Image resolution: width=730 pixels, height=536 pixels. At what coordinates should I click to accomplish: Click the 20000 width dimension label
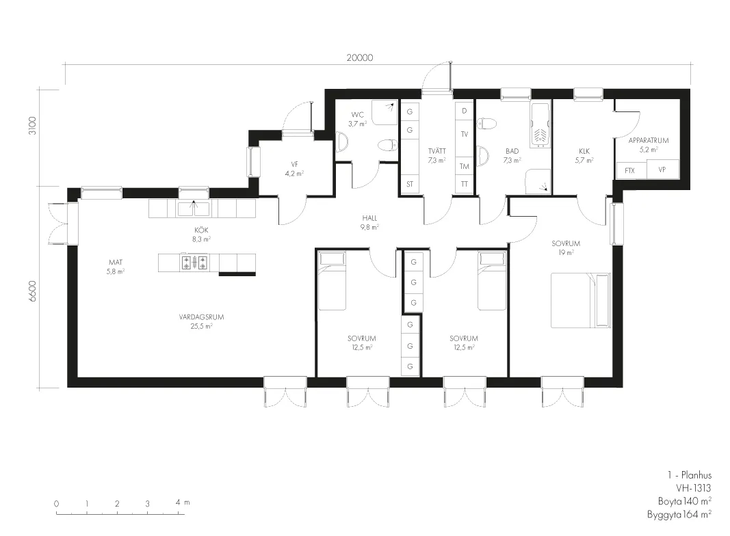click(x=359, y=57)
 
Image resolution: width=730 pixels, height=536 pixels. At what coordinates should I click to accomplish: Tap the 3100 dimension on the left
click(x=31, y=126)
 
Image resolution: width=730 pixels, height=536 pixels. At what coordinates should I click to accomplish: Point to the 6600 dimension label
click(x=31, y=291)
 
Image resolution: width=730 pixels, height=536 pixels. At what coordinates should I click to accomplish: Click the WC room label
click(x=358, y=114)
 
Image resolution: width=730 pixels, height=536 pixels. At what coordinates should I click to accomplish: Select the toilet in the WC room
click(x=387, y=146)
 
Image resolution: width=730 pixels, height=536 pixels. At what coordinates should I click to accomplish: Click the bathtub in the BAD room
click(x=540, y=124)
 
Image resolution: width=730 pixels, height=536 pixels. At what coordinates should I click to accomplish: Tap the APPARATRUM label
click(x=649, y=140)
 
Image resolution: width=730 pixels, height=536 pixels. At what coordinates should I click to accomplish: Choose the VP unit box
click(x=662, y=170)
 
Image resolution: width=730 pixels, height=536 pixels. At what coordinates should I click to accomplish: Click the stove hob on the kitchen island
click(x=194, y=263)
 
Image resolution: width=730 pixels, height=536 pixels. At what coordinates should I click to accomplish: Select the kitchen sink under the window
click(x=194, y=209)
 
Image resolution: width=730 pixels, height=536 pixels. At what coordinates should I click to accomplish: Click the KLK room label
click(x=584, y=151)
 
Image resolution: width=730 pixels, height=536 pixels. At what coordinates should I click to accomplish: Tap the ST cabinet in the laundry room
click(x=410, y=185)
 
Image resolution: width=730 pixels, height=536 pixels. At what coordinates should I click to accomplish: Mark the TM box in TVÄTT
click(x=464, y=166)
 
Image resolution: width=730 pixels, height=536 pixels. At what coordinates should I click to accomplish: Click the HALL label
click(x=369, y=217)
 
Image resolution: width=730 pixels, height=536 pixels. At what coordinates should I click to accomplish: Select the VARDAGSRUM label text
click(x=202, y=317)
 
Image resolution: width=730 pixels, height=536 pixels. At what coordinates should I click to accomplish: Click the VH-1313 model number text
click(x=694, y=488)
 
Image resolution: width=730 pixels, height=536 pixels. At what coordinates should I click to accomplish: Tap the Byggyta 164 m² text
click(x=679, y=514)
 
